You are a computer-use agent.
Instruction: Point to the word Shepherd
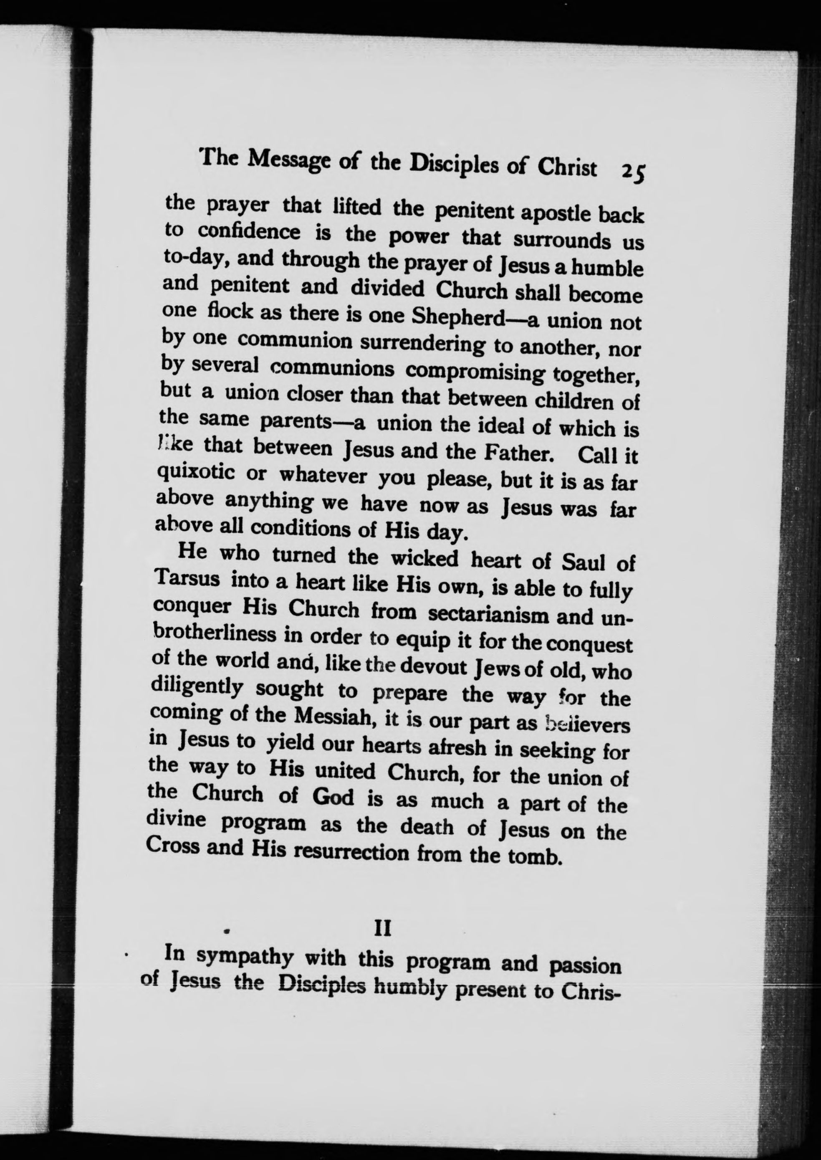(x=458, y=317)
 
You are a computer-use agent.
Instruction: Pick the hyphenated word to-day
(x=194, y=259)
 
